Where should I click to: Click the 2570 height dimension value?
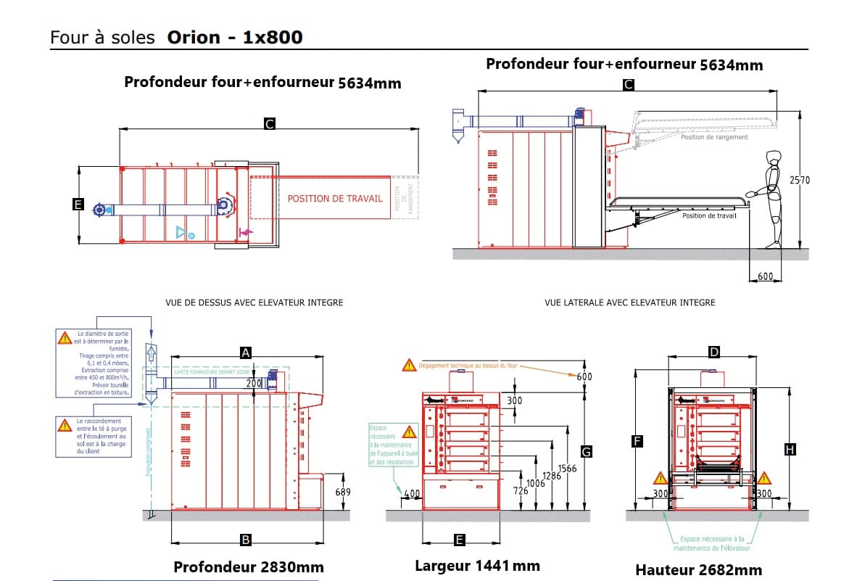tap(799, 180)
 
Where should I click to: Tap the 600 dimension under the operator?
tap(764, 276)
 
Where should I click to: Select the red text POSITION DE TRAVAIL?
tap(335, 198)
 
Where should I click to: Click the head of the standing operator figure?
tap(773, 157)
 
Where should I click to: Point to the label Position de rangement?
tap(713, 137)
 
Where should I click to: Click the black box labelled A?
tap(246, 353)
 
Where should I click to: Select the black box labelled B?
tap(246, 540)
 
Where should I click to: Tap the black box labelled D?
tap(714, 353)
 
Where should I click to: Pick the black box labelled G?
tap(587, 452)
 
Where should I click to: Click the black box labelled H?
tap(790, 450)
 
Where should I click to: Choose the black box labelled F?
tap(637, 440)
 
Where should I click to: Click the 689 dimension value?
tap(343, 493)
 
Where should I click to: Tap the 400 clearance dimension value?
tap(412, 494)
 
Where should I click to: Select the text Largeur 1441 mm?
tap(477, 566)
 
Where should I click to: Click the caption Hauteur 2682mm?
tap(698, 570)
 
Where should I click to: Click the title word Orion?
tap(194, 37)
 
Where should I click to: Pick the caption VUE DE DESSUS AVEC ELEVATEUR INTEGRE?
tap(254, 302)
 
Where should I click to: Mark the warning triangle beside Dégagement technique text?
tap(410, 366)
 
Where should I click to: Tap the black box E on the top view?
tap(78, 205)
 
